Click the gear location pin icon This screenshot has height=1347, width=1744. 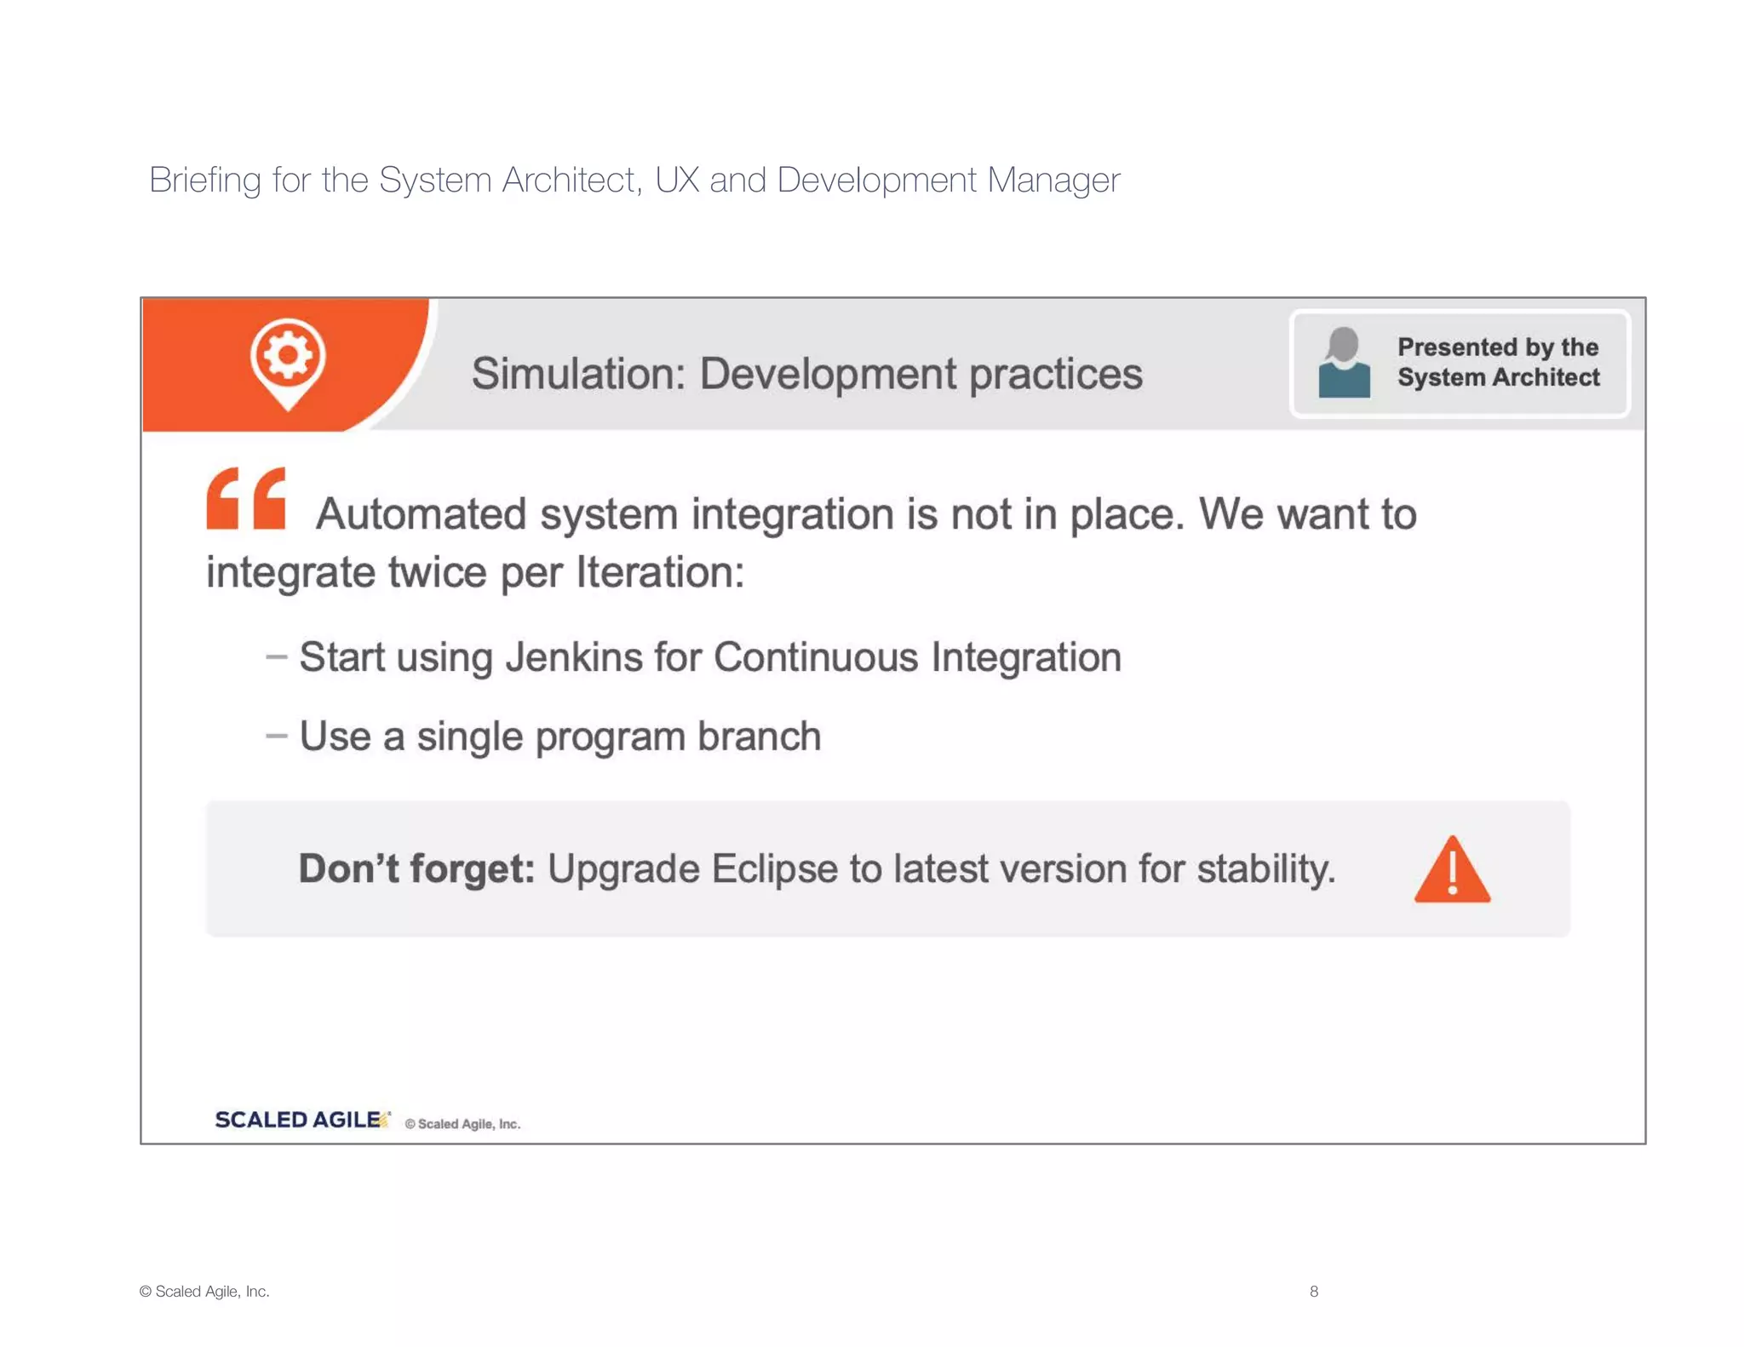[x=288, y=361]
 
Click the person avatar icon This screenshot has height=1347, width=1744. [x=1344, y=364]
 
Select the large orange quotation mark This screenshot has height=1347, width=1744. [x=246, y=499]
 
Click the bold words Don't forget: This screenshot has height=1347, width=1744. [x=416, y=869]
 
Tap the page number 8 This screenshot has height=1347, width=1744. [x=1314, y=1292]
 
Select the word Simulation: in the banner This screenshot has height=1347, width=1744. [x=578, y=374]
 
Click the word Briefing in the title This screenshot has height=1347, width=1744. [x=205, y=181]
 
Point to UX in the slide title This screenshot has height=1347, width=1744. [x=677, y=181]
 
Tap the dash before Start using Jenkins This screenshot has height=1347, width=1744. [x=276, y=656]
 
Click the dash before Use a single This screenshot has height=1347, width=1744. [x=276, y=736]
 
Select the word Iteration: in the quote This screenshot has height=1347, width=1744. [x=660, y=572]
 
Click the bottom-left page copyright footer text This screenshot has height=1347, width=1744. [x=204, y=1292]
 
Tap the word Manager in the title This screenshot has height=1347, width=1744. [x=1053, y=181]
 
